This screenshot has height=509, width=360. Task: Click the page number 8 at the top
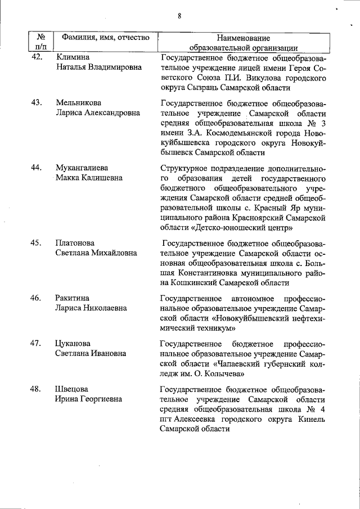pos(179,16)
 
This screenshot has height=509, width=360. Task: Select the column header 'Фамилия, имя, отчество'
pos(106,38)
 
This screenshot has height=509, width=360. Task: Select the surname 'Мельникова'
pos(78,102)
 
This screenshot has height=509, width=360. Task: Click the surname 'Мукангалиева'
pos(82,168)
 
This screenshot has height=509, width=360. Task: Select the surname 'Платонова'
pos(77,243)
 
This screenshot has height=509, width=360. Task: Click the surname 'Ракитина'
pos(73,298)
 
